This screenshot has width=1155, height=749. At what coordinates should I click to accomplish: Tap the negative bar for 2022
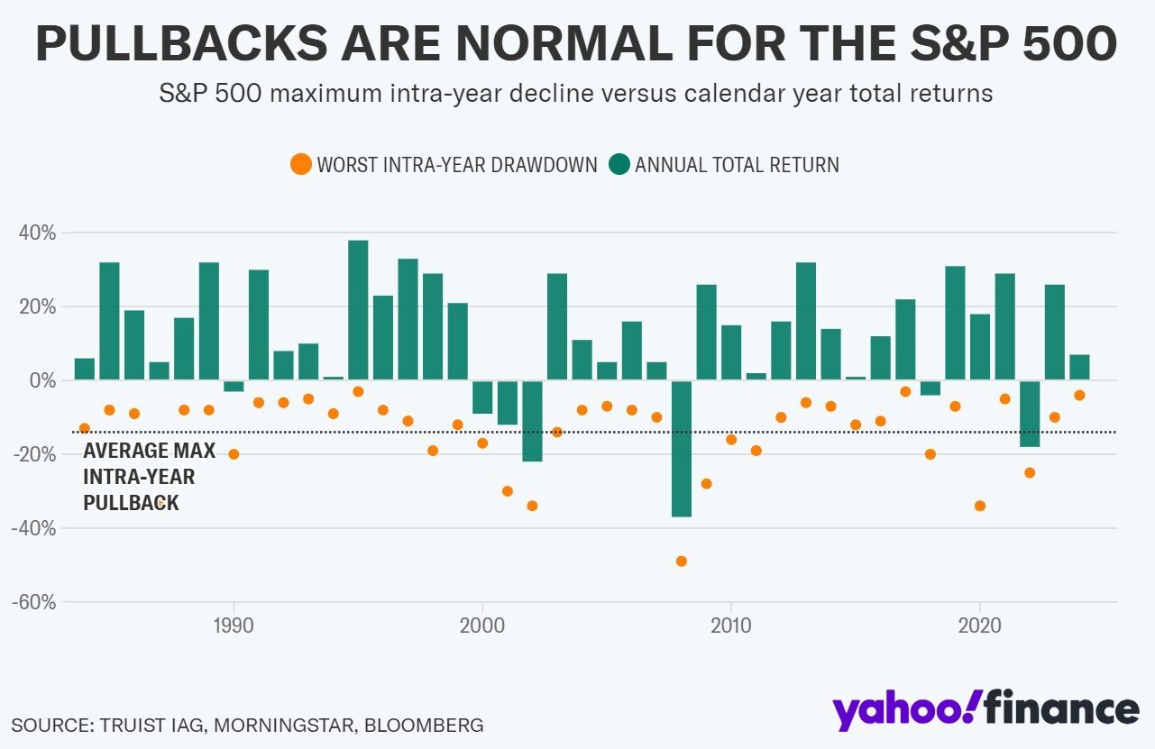[x=1030, y=413]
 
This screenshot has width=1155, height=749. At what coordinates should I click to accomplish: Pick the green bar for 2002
[x=532, y=420]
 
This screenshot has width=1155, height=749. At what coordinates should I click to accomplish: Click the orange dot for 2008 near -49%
[x=682, y=561]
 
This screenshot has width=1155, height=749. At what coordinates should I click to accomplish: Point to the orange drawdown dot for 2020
[x=980, y=506]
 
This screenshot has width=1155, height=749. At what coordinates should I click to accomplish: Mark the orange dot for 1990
[x=234, y=454]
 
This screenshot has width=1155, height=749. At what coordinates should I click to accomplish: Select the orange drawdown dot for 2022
[x=1030, y=472]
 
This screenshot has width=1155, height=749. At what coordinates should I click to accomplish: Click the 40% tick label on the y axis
[x=37, y=233]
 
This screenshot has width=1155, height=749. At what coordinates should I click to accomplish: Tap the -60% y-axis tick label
[x=34, y=601]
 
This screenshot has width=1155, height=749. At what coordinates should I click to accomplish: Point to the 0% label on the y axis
[x=41, y=380]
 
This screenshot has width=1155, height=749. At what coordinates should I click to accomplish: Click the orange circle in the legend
[x=300, y=165]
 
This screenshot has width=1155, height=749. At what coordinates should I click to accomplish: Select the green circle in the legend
[x=619, y=165]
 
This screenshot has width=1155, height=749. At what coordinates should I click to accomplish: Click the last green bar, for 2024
[x=1079, y=368]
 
